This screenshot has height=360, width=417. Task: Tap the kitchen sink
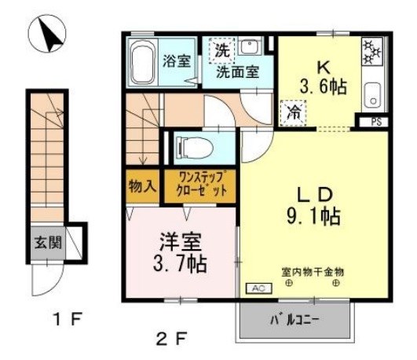(x=372, y=95)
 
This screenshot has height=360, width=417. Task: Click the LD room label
(x=313, y=193)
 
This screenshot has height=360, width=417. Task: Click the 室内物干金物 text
(x=312, y=270)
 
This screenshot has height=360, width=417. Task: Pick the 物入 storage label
(x=141, y=186)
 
